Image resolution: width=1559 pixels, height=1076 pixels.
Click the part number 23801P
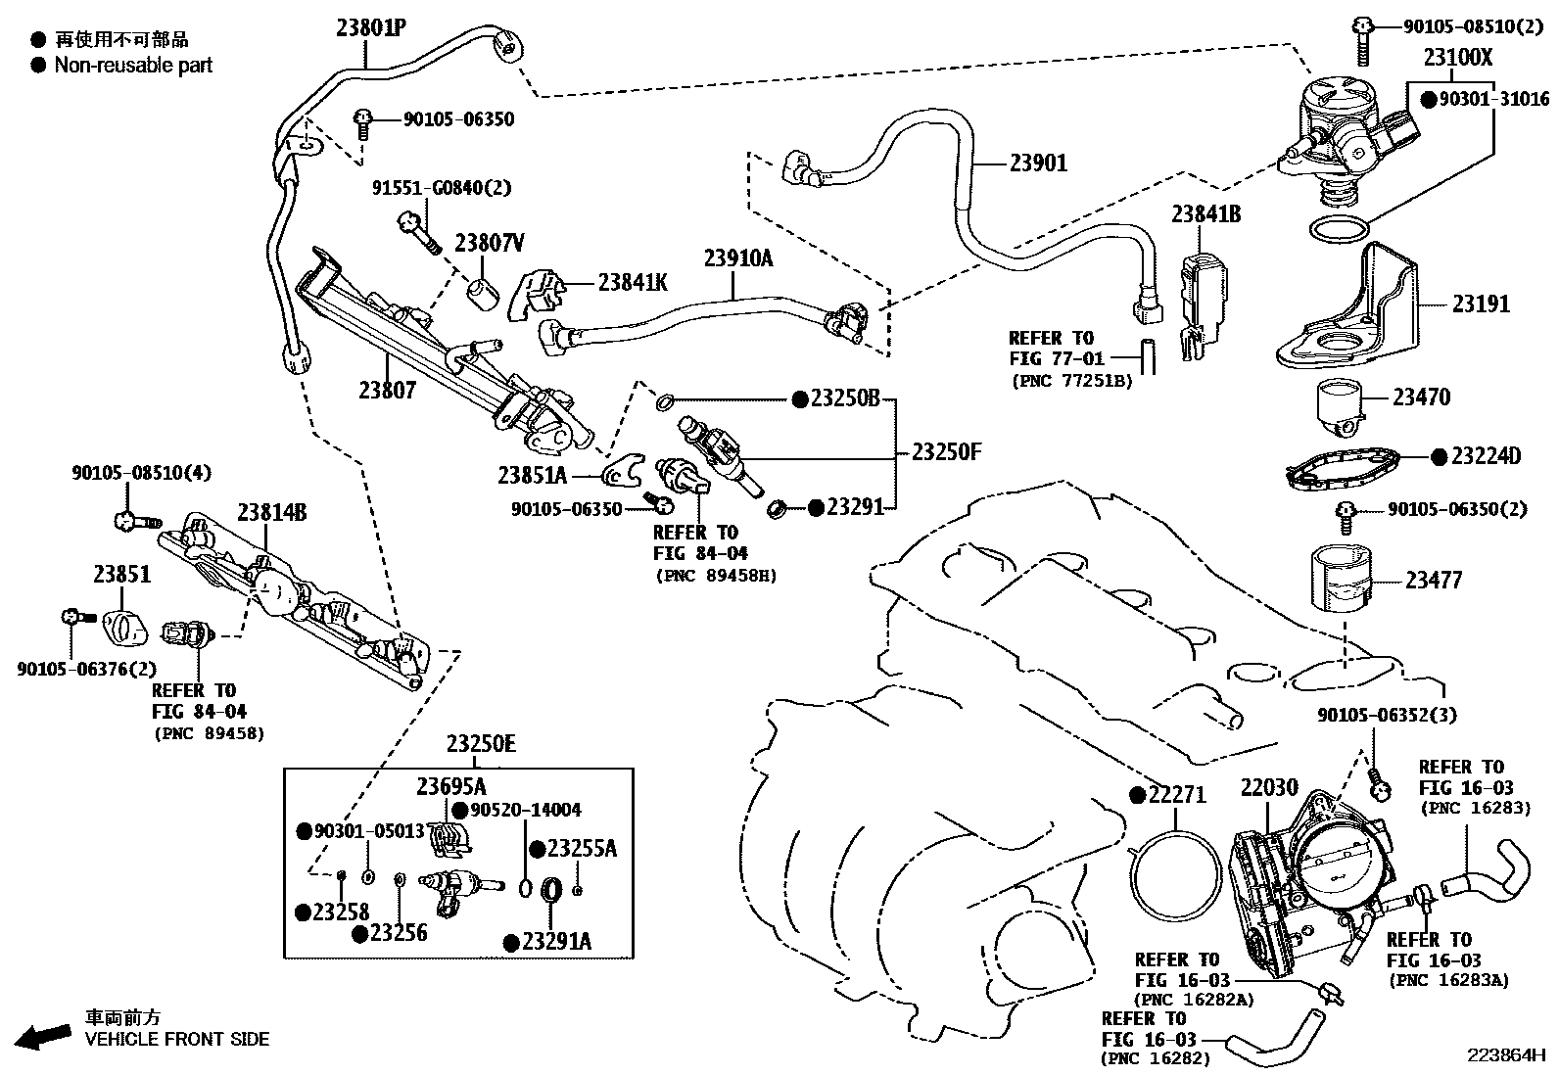pos(371,27)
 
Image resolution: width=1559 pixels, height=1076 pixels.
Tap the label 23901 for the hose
pos(1038,163)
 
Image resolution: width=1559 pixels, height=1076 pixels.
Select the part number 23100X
pos(1457,57)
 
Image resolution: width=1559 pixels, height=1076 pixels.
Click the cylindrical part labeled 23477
pos(1341,579)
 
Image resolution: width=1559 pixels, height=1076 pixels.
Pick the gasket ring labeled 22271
pos(1175,878)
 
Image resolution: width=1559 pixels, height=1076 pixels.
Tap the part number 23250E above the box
pos(481,744)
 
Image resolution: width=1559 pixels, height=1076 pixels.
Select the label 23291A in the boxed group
pos(556,942)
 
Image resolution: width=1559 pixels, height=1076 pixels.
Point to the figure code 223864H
pos(1505,1055)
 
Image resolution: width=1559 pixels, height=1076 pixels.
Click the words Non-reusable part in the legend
pos(133,66)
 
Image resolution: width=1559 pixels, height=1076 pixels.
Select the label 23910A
pos(737,258)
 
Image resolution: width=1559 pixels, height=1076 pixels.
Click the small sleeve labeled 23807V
pos(483,294)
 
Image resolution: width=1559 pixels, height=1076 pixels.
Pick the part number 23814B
pos(271,512)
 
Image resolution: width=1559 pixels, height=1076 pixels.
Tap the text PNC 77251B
pos(1071,381)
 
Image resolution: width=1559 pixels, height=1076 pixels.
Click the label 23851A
pos(533,476)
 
